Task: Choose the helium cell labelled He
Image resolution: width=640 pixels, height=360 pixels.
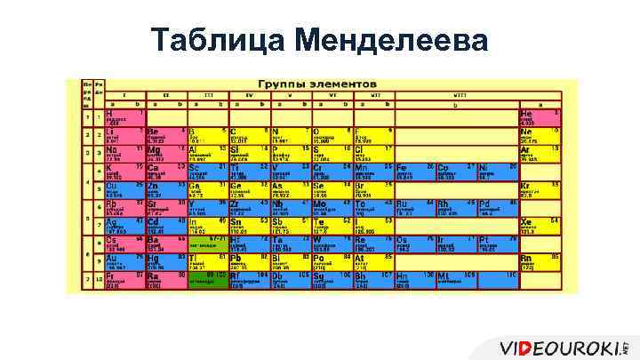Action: click(x=539, y=117)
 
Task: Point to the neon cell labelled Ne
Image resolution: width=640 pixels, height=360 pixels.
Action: click(x=539, y=134)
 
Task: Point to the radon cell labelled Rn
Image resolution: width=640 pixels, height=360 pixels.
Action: click(x=539, y=261)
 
